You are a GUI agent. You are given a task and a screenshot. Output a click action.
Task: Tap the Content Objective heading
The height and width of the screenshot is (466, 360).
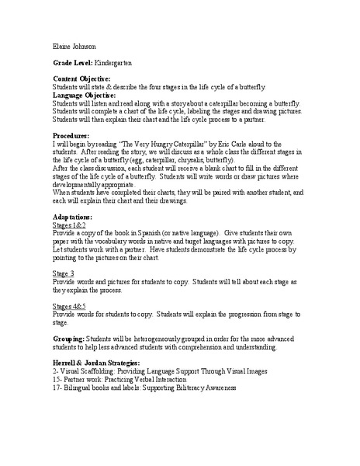pyautogui.click(x=81, y=79)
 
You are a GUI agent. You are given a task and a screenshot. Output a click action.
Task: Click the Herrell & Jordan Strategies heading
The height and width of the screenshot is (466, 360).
pyautogui.click(x=97, y=363)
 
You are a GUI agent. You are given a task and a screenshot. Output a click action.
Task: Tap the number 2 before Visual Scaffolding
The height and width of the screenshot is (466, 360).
pyautogui.click(x=55, y=372)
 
